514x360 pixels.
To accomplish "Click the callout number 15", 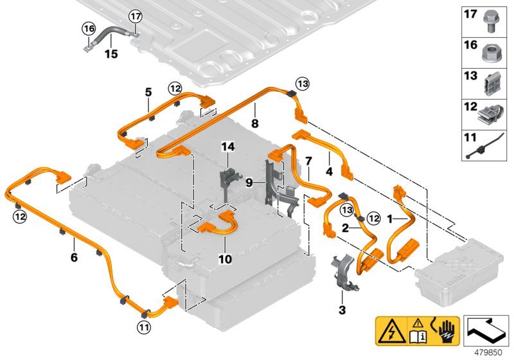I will click(112, 54).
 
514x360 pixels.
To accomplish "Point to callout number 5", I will click(148, 92).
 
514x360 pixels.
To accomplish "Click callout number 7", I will click(308, 159).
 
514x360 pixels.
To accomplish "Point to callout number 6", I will click(74, 258).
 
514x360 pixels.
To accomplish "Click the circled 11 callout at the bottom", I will click(143, 327).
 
